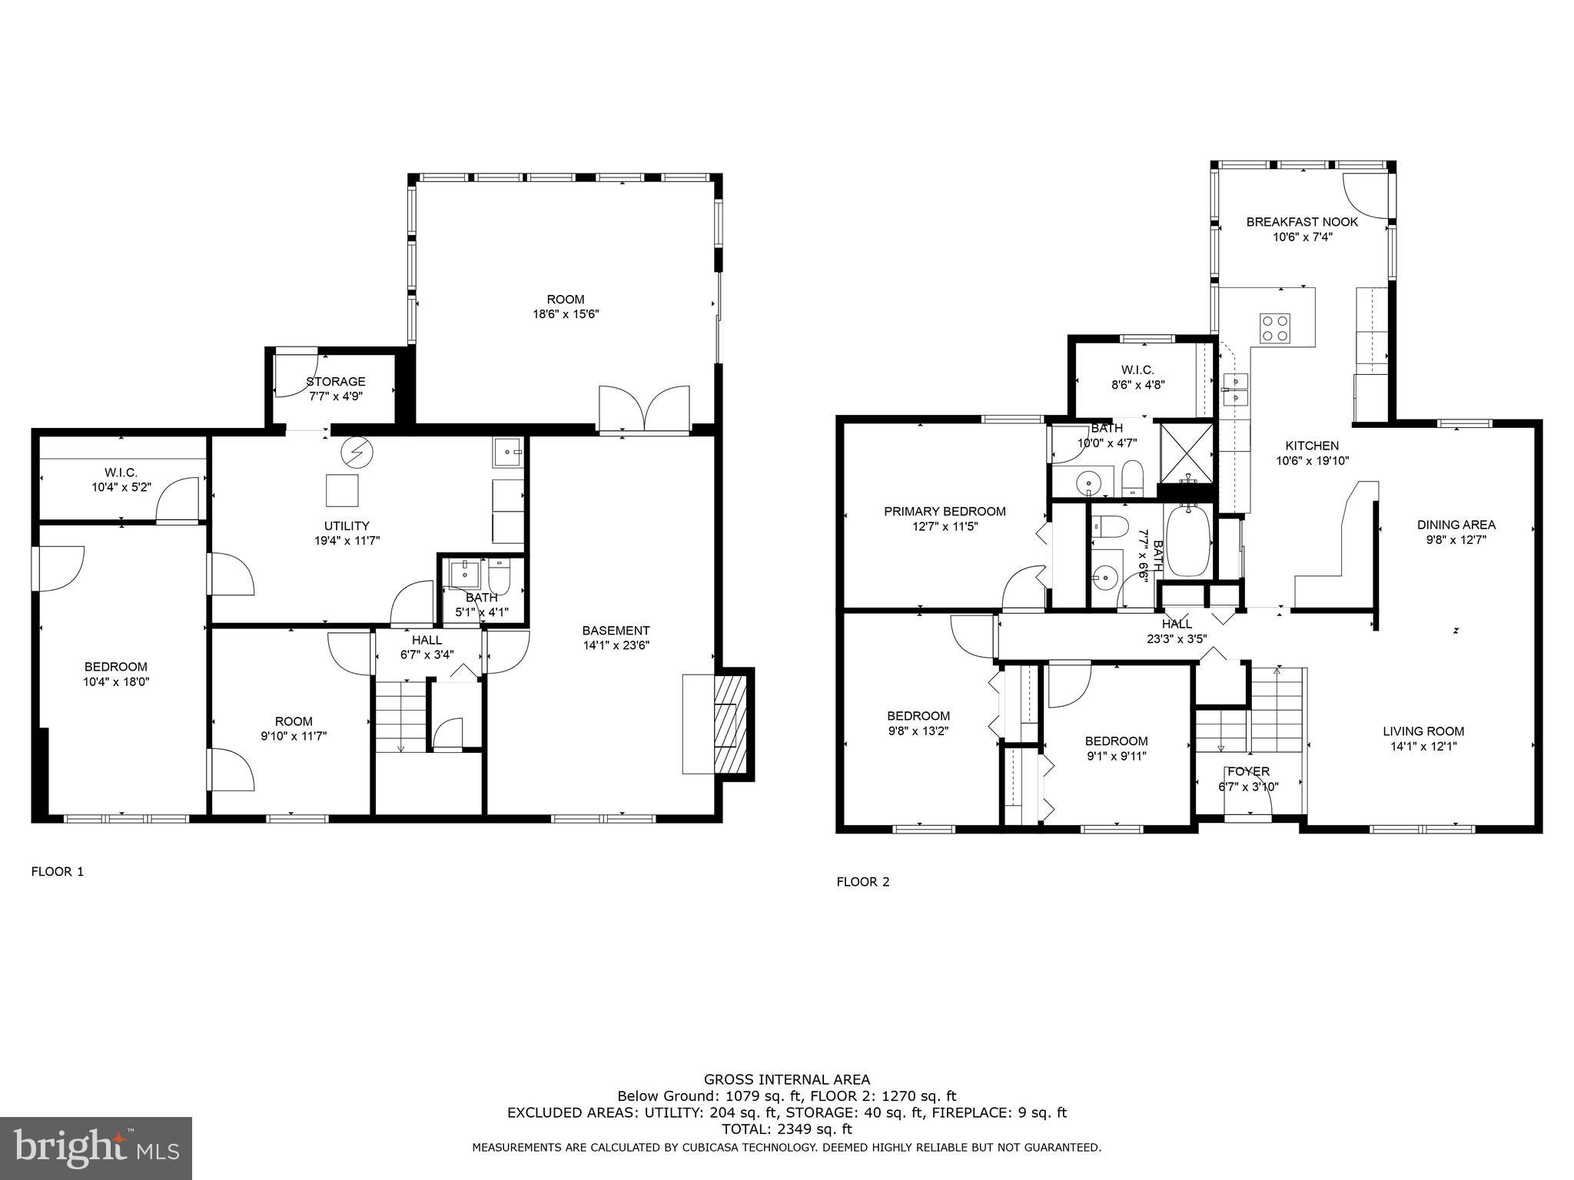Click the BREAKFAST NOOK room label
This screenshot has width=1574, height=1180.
coord(1302,222)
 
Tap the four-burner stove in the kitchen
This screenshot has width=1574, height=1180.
coord(1274,328)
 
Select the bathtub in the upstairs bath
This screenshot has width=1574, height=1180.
coord(1188,542)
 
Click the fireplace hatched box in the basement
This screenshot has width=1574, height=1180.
coord(730,724)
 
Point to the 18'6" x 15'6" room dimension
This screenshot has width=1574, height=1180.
coord(565,314)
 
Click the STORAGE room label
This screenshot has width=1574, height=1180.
coord(336,382)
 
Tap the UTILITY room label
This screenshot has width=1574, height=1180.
coord(347,526)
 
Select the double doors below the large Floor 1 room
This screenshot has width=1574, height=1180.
coord(643,408)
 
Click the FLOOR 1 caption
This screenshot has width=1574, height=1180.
coord(58,871)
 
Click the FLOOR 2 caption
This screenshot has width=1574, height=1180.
coord(863,882)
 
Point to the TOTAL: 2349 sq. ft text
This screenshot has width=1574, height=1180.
coord(786,1129)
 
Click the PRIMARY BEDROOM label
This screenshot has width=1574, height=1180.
coord(945,512)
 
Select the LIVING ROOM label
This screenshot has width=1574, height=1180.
coord(1423,731)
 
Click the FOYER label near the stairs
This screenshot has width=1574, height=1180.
coord(1248,771)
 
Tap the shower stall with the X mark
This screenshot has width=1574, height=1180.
coord(1187,452)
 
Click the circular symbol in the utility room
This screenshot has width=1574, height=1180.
coord(355,452)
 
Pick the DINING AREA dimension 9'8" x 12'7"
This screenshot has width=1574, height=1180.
coord(1456,539)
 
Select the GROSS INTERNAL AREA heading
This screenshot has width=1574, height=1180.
coord(786,1080)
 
